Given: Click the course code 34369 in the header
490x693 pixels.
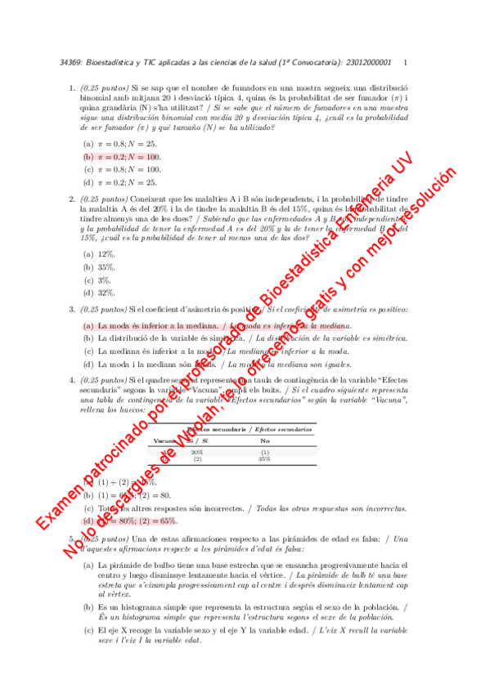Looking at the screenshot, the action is tap(70, 63).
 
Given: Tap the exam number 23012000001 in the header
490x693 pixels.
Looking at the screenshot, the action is tap(371, 63).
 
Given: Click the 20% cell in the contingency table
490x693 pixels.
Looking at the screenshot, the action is tap(197, 452).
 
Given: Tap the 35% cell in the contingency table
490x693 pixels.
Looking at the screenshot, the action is tap(264, 459).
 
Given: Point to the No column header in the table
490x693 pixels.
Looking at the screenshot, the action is tap(264, 440).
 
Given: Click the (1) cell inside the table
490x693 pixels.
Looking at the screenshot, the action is tap(264, 452).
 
